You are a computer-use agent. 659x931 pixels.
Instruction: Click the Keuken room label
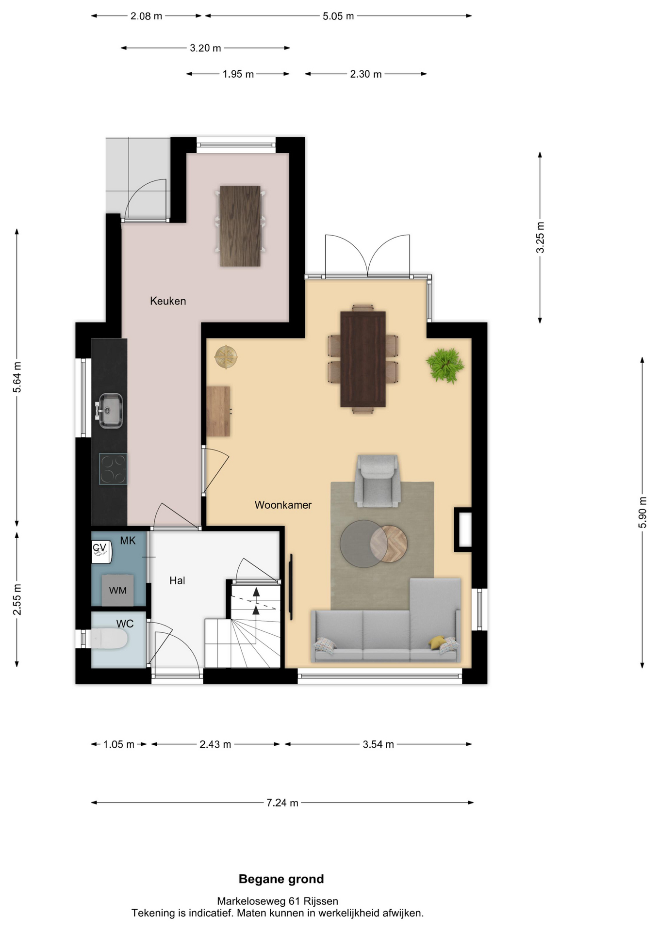[x=168, y=301]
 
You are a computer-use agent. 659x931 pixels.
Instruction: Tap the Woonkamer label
[x=283, y=505]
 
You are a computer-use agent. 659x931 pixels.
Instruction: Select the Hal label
[x=177, y=580]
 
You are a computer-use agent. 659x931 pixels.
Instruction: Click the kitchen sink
[x=110, y=411]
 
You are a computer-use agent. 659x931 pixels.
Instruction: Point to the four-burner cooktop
[x=113, y=469]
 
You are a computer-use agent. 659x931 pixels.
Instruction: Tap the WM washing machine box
[x=117, y=590]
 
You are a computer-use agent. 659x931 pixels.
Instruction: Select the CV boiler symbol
[x=101, y=551]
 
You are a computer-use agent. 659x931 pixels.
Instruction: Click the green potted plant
[x=445, y=365]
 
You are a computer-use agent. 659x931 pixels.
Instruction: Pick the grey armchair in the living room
[x=378, y=481]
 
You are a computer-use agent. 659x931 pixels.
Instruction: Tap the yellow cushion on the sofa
[x=437, y=642]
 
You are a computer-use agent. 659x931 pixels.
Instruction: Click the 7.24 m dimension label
[x=282, y=803]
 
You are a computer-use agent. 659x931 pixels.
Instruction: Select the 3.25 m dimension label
[x=540, y=237]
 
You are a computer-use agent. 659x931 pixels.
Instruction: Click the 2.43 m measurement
[x=215, y=744]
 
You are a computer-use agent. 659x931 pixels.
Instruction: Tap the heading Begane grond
[x=281, y=879]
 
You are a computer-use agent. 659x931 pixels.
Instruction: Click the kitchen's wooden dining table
[x=240, y=226]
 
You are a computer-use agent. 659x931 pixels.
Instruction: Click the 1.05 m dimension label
[x=119, y=744]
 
